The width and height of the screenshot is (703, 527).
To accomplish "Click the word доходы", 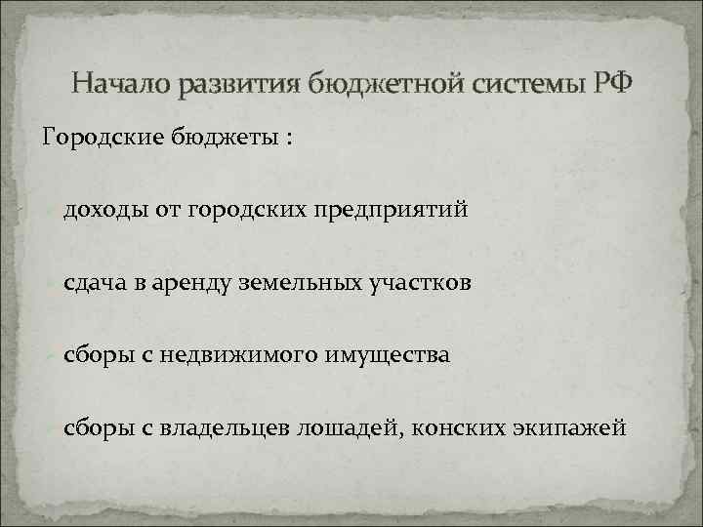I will click(106, 209).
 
